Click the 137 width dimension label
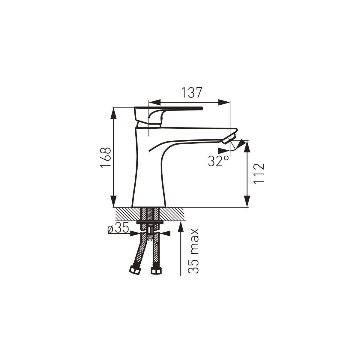(192, 93)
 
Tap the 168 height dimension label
(106, 158)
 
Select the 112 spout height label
(259, 174)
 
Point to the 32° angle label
(218, 161)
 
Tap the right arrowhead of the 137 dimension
(224, 102)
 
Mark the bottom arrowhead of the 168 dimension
(114, 201)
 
